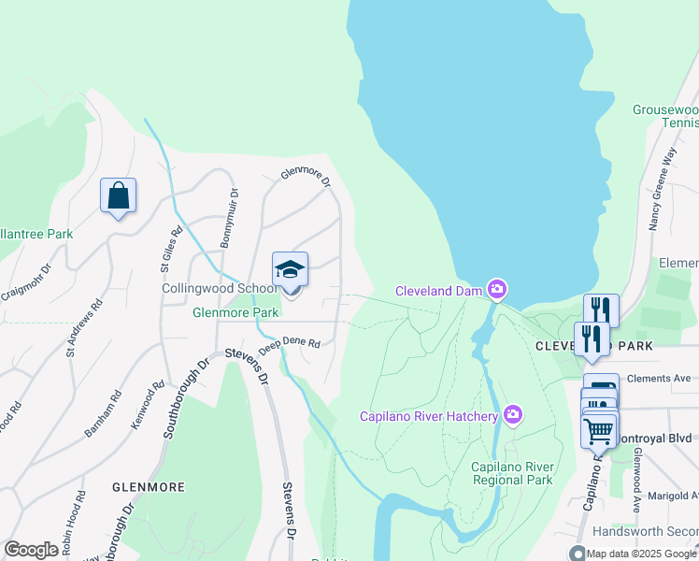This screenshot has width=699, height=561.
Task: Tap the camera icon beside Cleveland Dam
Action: pyautogui.click(x=497, y=290)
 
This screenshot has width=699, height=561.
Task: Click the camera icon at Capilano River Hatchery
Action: pyautogui.click(x=512, y=414)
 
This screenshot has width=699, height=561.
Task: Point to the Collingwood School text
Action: pyautogui.click(x=220, y=289)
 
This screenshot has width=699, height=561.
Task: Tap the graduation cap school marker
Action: pyautogui.click(x=290, y=271)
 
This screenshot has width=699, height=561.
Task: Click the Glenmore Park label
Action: pyautogui.click(x=235, y=312)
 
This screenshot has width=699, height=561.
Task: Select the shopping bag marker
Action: pyautogui.click(x=119, y=196)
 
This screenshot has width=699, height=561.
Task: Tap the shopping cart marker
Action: pyautogui.click(x=598, y=431)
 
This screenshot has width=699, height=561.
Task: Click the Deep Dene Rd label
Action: pyautogui.click(x=290, y=345)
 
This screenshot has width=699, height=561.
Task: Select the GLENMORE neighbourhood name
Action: pyautogui.click(x=149, y=487)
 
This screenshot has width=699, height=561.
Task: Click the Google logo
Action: pyautogui.click(x=31, y=550)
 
